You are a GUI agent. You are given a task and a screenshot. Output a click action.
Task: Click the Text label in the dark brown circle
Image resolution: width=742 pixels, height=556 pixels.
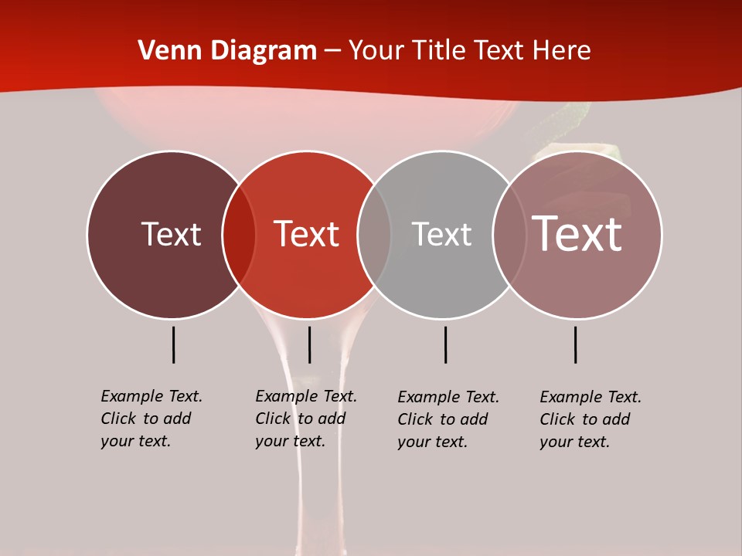(x=171, y=234)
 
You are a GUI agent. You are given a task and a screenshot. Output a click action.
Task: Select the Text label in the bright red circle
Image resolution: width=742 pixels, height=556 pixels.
(x=306, y=234)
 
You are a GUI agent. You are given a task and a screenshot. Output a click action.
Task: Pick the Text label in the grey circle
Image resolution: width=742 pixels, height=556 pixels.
(x=441, y=234)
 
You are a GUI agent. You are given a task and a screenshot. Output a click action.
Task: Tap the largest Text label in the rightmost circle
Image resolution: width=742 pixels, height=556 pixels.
(x=577, y=234)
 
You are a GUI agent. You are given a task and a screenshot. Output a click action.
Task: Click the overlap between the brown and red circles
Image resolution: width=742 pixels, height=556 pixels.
(x=239, y=235)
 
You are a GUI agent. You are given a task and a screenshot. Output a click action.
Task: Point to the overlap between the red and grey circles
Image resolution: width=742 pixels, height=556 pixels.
(x=374, y=235)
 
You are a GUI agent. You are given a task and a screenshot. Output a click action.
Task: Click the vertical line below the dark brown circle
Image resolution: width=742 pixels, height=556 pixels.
(x=173, y=344)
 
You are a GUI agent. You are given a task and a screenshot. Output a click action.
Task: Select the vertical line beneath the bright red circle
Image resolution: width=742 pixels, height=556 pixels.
(x=309, y=344)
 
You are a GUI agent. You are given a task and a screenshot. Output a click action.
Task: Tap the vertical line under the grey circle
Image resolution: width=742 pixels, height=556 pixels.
(x=445, y=344)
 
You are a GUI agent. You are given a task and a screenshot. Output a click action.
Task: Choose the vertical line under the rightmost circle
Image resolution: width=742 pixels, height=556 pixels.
(x=575, y=344)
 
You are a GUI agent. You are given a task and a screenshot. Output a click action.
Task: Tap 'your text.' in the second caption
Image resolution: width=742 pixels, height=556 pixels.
(x=290, y=441)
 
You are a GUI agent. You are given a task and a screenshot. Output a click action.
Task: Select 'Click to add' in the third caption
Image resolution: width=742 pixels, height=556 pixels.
(x=443, y=419)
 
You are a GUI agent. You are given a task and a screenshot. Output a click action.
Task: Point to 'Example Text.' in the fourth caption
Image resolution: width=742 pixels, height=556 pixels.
(x=591, y=397)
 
